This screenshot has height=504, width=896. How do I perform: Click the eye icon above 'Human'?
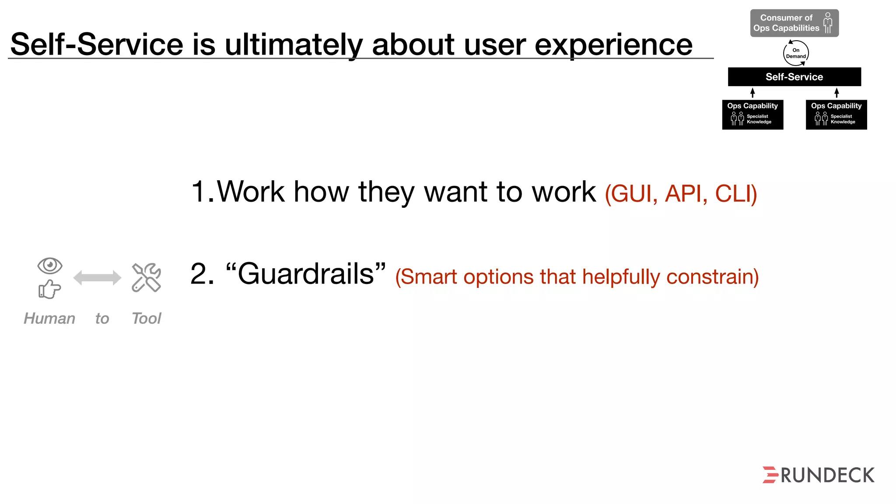click(x=50, y=266)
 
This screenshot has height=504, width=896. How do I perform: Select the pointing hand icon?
click(x=49, y=289)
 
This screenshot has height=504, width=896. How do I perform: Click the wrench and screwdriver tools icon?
click(x=147, y=277)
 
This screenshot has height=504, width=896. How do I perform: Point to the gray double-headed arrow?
click(x=97, y=277)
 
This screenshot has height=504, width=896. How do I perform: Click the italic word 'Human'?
click(x=49, y=318)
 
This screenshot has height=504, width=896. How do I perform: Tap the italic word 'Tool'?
click(x=147, y=318)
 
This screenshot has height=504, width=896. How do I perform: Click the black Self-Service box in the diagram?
click(x=794, y=77)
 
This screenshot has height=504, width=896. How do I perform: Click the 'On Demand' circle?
click(x=795, y=53)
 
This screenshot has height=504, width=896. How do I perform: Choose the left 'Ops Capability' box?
click(x=752, y=115)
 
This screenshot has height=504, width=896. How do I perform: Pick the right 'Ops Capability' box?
click(x=836, y=115)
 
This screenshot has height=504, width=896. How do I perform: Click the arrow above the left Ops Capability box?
click(x=752, y=93)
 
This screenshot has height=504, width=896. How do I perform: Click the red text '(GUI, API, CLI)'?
click(x=681, y=193)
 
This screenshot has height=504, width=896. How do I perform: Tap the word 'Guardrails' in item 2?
click(x=306, y=274)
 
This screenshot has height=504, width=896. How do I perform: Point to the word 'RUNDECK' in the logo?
click(x=827, y=476)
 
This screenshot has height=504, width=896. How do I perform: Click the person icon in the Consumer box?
click(x=828, y=23)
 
